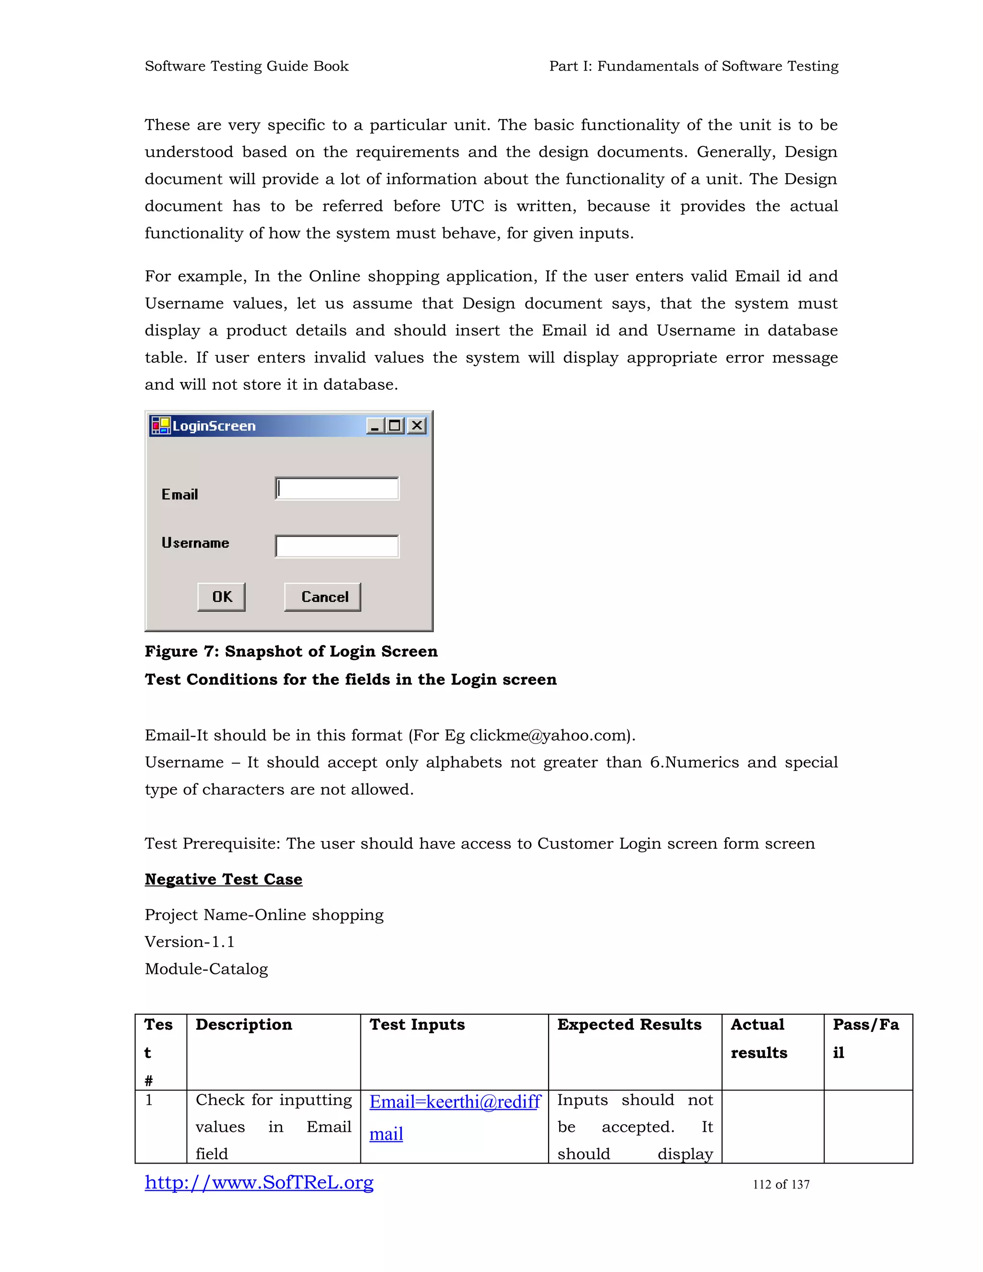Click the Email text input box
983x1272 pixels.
point(337,489)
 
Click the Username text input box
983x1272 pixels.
point(337,546)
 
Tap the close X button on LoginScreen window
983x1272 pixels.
point(417,426)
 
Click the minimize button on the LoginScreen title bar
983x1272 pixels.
point(375,426)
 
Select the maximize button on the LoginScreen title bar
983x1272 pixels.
point(396,426)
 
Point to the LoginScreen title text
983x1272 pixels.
point(214,426)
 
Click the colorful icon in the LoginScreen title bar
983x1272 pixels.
point(161,426)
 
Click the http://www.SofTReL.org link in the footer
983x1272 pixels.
point(259,1182)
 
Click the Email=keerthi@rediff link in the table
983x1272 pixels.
point(455,1102)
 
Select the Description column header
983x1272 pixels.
point(243,1025)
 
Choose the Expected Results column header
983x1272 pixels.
point(629,1025)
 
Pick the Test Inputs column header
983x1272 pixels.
point(417,1025)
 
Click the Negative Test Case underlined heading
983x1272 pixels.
point(224,879)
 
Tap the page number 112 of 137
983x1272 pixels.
point(781,1185)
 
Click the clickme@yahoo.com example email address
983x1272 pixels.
point(547,735)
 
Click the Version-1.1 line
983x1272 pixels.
point(189,942)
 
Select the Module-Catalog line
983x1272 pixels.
point(206,969)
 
